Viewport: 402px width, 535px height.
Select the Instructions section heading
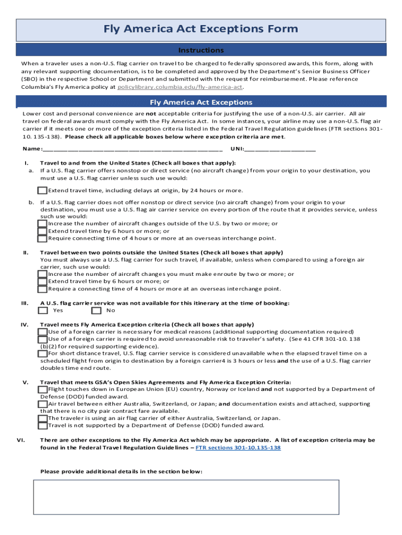(x=200, y=50)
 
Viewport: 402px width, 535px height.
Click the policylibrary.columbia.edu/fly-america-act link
(x=180, y=87)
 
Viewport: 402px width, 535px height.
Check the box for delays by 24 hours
(x=43, y=190)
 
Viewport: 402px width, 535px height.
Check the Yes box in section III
(x=43, y=310)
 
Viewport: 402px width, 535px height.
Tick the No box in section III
(x=96, y=310)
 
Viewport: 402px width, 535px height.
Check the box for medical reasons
(x=43, y=332)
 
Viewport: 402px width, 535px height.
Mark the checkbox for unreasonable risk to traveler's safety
(x=43, y=339)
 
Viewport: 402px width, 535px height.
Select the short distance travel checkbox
(x=43, y=354)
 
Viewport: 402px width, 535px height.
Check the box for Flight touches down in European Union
(x=43, y=389)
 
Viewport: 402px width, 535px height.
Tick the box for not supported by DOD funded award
(x=43, y=425)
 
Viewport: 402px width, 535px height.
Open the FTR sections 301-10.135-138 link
(x=238, y=448)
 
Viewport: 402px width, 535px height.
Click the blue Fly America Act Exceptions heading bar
(x=200, y=102)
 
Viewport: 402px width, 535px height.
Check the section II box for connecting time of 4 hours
(x=43, y=289)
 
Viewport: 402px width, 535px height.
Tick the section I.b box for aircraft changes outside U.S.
(x=43, y=224)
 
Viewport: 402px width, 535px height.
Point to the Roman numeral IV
(x=25, y=324)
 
